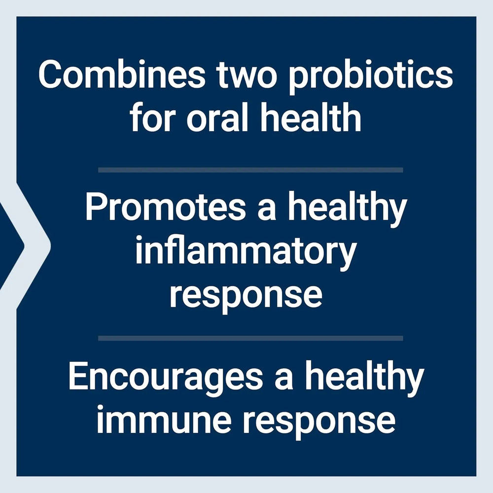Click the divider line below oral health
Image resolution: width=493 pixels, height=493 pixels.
coord(250,170)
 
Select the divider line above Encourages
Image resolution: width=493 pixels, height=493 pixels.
coord(250,339)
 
